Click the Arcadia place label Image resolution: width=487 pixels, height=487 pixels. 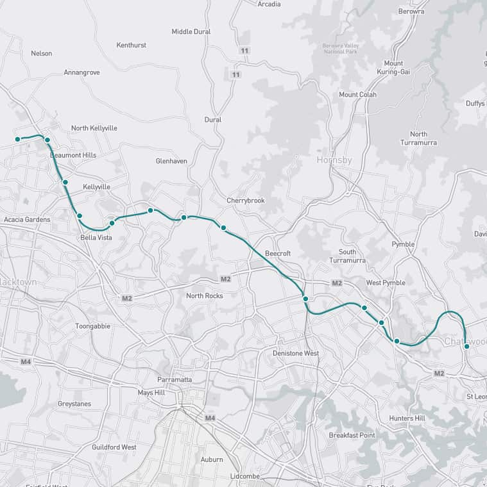pos(269,4)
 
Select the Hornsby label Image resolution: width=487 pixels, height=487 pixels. pos(334,160)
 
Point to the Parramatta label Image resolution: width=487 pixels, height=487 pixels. pos(175,379)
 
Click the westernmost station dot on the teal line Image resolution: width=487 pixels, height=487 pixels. pos(18,139)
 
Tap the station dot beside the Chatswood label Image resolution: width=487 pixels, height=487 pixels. pos(466,346)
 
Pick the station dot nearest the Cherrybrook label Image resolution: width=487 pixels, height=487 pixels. pos(223,227)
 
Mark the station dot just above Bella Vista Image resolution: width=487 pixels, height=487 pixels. pos(112,223)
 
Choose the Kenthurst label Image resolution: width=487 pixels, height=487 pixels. pos(131,45)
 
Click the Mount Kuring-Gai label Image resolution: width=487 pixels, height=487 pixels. pos(393,68)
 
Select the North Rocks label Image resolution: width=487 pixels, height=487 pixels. pos(204,295)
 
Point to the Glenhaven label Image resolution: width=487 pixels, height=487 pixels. pos(171,161)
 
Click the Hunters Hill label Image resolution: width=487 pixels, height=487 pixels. pos(407,418)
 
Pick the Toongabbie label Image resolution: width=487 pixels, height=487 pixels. pos(93,326)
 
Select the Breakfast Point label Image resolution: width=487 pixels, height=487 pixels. pos(352,435)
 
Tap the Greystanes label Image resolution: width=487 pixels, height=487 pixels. pos(74,404)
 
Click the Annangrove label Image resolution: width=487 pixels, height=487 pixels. pos(81,72)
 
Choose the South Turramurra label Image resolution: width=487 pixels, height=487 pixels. pos(356,256)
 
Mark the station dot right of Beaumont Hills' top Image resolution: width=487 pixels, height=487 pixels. pos(47,140)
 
